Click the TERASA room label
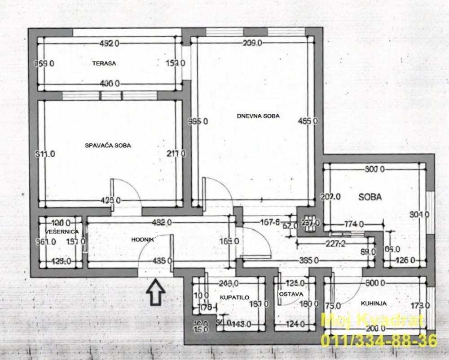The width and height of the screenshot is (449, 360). tap(104, 63)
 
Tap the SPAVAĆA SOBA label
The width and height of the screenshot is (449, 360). tap(108, 146)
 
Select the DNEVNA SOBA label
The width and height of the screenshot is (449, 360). tap(258, 116)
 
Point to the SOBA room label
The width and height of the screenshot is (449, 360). tap(370, 197)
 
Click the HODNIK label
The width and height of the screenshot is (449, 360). tap(143, 240)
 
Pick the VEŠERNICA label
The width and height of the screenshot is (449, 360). tap(62, 231)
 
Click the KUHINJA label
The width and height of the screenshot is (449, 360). tap(374, 303)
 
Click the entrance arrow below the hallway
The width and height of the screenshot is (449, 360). tap(155, 292)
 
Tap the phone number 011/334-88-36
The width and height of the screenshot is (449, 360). tap(378, 340)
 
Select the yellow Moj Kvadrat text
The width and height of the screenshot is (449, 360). tap(373, 321)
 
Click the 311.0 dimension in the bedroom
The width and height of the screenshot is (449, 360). tap(45, 154)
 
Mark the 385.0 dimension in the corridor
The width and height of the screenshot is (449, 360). tap(309, 260)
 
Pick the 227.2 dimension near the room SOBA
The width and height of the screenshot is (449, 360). tap(333, 245)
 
